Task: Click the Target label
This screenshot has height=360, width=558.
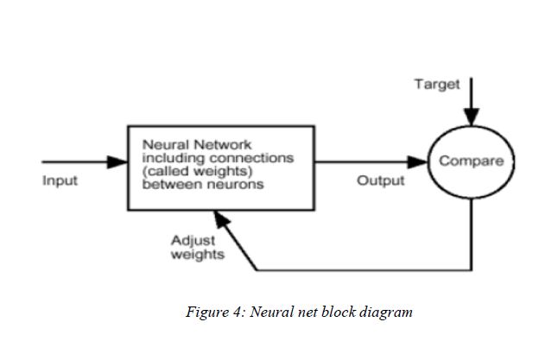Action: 437,84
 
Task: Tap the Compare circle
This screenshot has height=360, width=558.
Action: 471,161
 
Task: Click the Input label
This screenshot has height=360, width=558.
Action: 60,180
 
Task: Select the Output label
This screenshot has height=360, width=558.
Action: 381,180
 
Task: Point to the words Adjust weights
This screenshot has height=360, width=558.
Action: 198,248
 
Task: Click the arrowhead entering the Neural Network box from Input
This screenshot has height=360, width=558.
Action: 118,161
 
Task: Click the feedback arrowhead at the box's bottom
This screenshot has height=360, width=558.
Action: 227,219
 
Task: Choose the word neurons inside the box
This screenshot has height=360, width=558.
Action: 235,185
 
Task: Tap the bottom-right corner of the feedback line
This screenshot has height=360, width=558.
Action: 471,270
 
